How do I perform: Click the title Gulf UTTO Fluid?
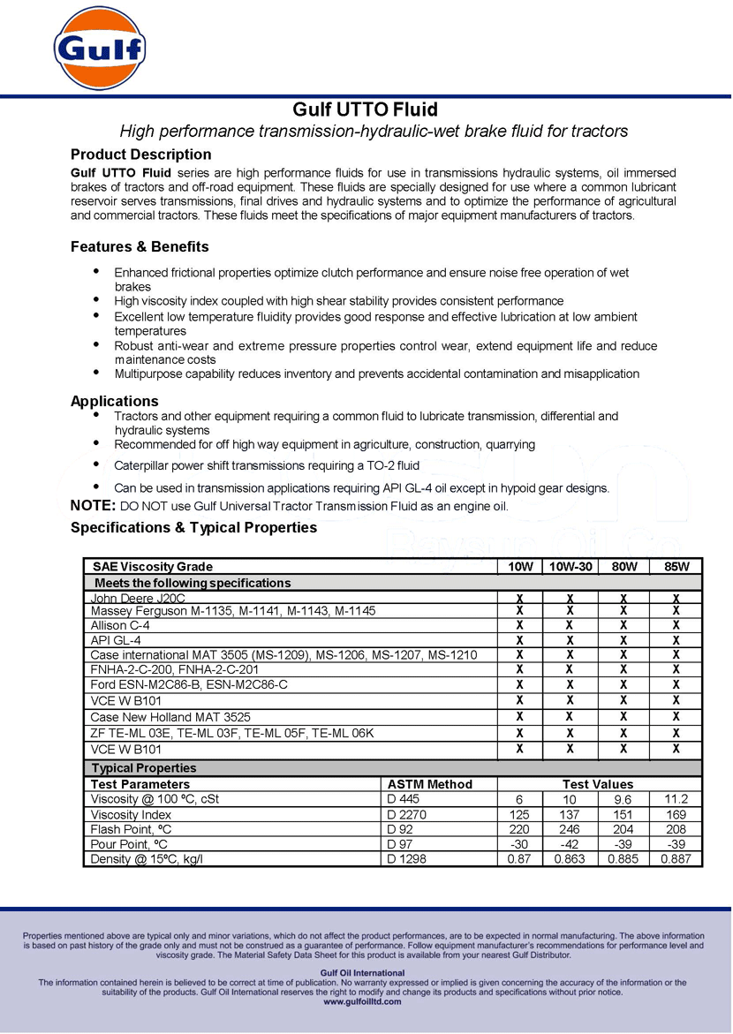(x=366, y=109)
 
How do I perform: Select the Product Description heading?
(x=140, y=155)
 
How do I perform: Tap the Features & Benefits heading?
(x=140, y=246)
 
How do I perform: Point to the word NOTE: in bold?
(x=93, y=506)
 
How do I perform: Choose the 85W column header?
(x=676, y=567)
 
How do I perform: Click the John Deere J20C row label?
(x=138, y=599)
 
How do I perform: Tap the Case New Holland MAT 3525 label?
(x=170, y=716)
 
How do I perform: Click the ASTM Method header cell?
(x=430, y=784)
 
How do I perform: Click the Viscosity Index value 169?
(x=676, y=814)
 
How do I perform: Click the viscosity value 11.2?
(x=676, y=799)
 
